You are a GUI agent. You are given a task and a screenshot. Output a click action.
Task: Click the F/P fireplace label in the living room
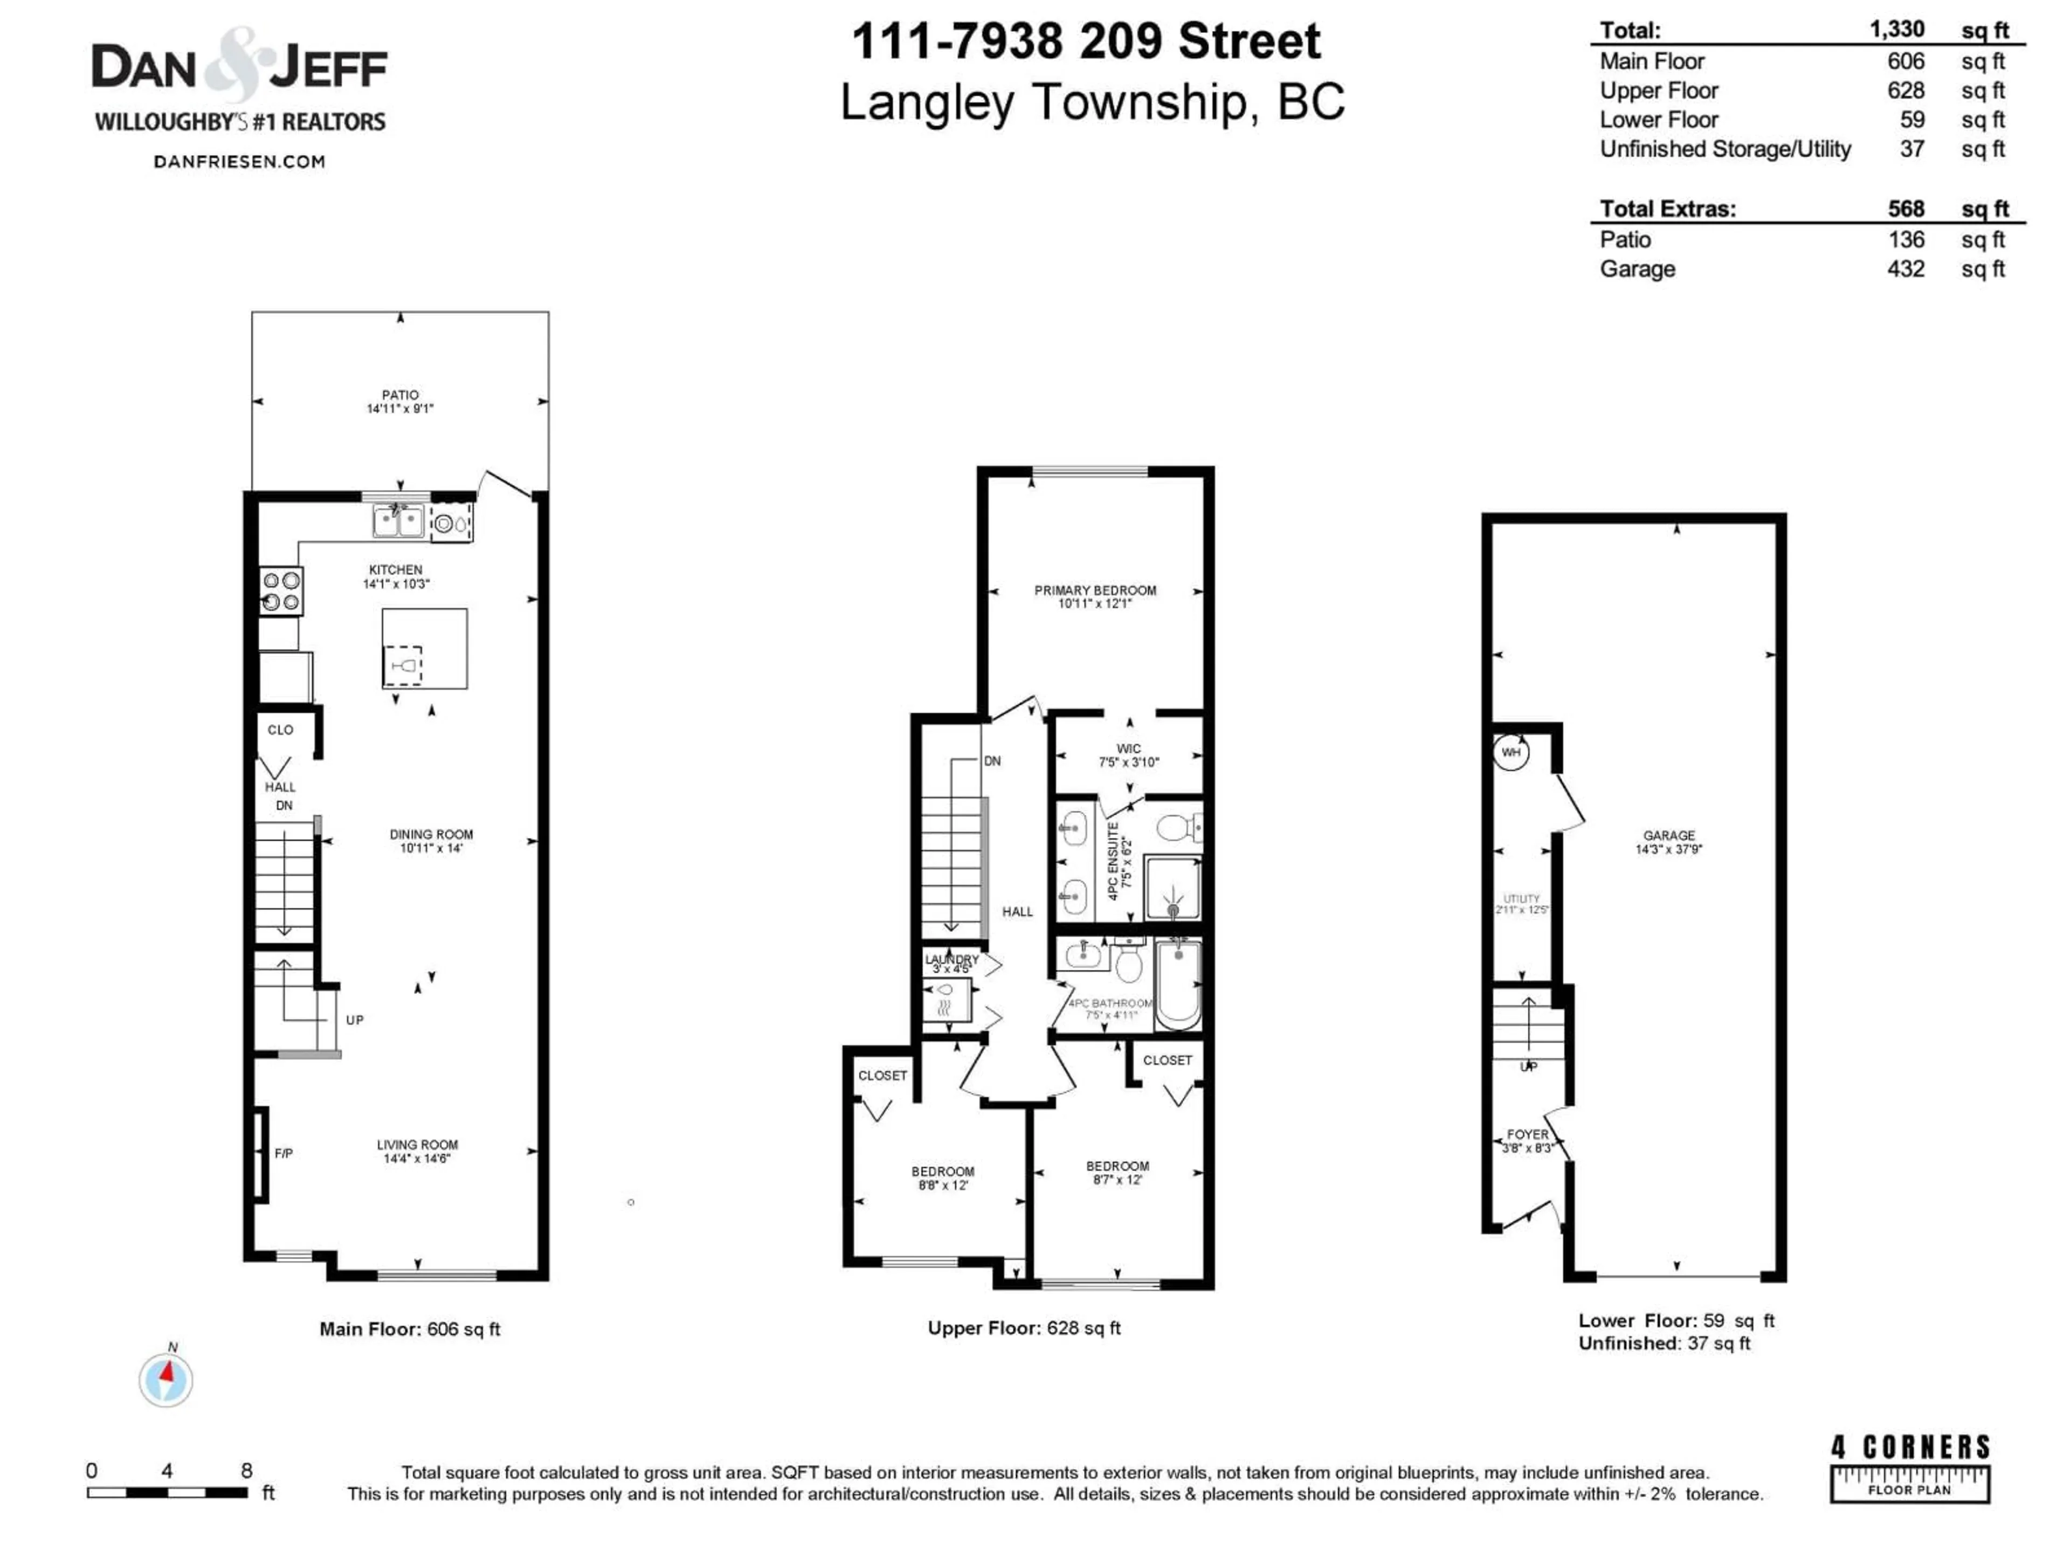[x=284, y=1153]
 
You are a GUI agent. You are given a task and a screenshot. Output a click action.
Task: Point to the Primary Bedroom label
[x=1095, y=590]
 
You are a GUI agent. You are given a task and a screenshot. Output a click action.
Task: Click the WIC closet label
[x=1129, y=749]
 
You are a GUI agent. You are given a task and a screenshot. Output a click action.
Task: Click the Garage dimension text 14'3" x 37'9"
[x=1668, y=849]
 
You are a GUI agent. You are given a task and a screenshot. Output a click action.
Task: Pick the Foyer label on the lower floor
[x=1527, y=1134]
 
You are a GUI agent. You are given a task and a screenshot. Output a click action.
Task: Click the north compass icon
[x=167, y=1379]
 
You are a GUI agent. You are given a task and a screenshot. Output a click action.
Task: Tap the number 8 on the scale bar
[x=247, y=1471]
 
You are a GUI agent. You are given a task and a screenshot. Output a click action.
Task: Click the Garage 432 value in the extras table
[x=1905, y=269]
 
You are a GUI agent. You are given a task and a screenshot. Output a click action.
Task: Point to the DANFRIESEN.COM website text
[x=239, y=162]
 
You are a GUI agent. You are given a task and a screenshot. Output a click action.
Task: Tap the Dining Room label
[x=431, y=834]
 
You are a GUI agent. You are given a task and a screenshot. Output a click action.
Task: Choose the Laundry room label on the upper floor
[x=951, y=959]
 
